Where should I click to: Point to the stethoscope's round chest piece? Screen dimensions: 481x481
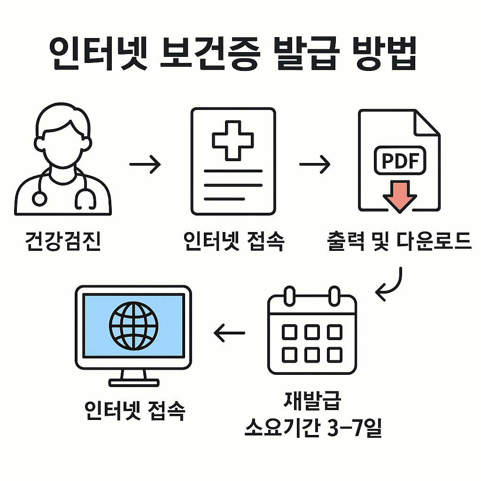coord(40,198)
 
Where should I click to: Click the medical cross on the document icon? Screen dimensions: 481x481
coord(233,140)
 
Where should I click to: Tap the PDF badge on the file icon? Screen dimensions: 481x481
coord(399,161)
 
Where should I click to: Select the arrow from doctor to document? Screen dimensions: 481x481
coord(145,165)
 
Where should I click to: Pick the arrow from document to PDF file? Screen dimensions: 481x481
coord(315,164)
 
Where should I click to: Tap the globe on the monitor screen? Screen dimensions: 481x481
coord(134,325)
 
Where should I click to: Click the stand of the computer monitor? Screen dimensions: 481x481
coord(134,378)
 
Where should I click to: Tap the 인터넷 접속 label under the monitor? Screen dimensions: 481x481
coord(135,411)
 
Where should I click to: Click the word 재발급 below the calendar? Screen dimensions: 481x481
coord(312,402)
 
